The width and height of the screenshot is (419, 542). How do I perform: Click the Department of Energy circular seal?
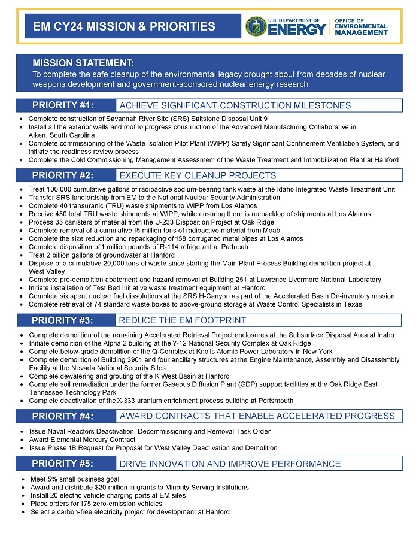[x=256, y=26]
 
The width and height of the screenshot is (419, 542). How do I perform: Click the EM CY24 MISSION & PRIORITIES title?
[x=124, y=26]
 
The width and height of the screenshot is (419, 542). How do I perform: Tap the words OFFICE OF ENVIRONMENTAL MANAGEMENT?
[x=360, y=26]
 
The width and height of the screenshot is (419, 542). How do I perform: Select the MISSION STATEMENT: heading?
[x=83, y=63]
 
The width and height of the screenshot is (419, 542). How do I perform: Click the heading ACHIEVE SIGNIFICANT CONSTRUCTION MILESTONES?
[x=235, y=105]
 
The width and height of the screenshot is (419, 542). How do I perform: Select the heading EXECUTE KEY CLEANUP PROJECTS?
[x=198, y=175]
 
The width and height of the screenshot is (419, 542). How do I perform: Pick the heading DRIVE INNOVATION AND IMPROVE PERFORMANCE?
[x=230, y=464]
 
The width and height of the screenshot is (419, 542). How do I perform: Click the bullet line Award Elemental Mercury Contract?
[x=83, y=440]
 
